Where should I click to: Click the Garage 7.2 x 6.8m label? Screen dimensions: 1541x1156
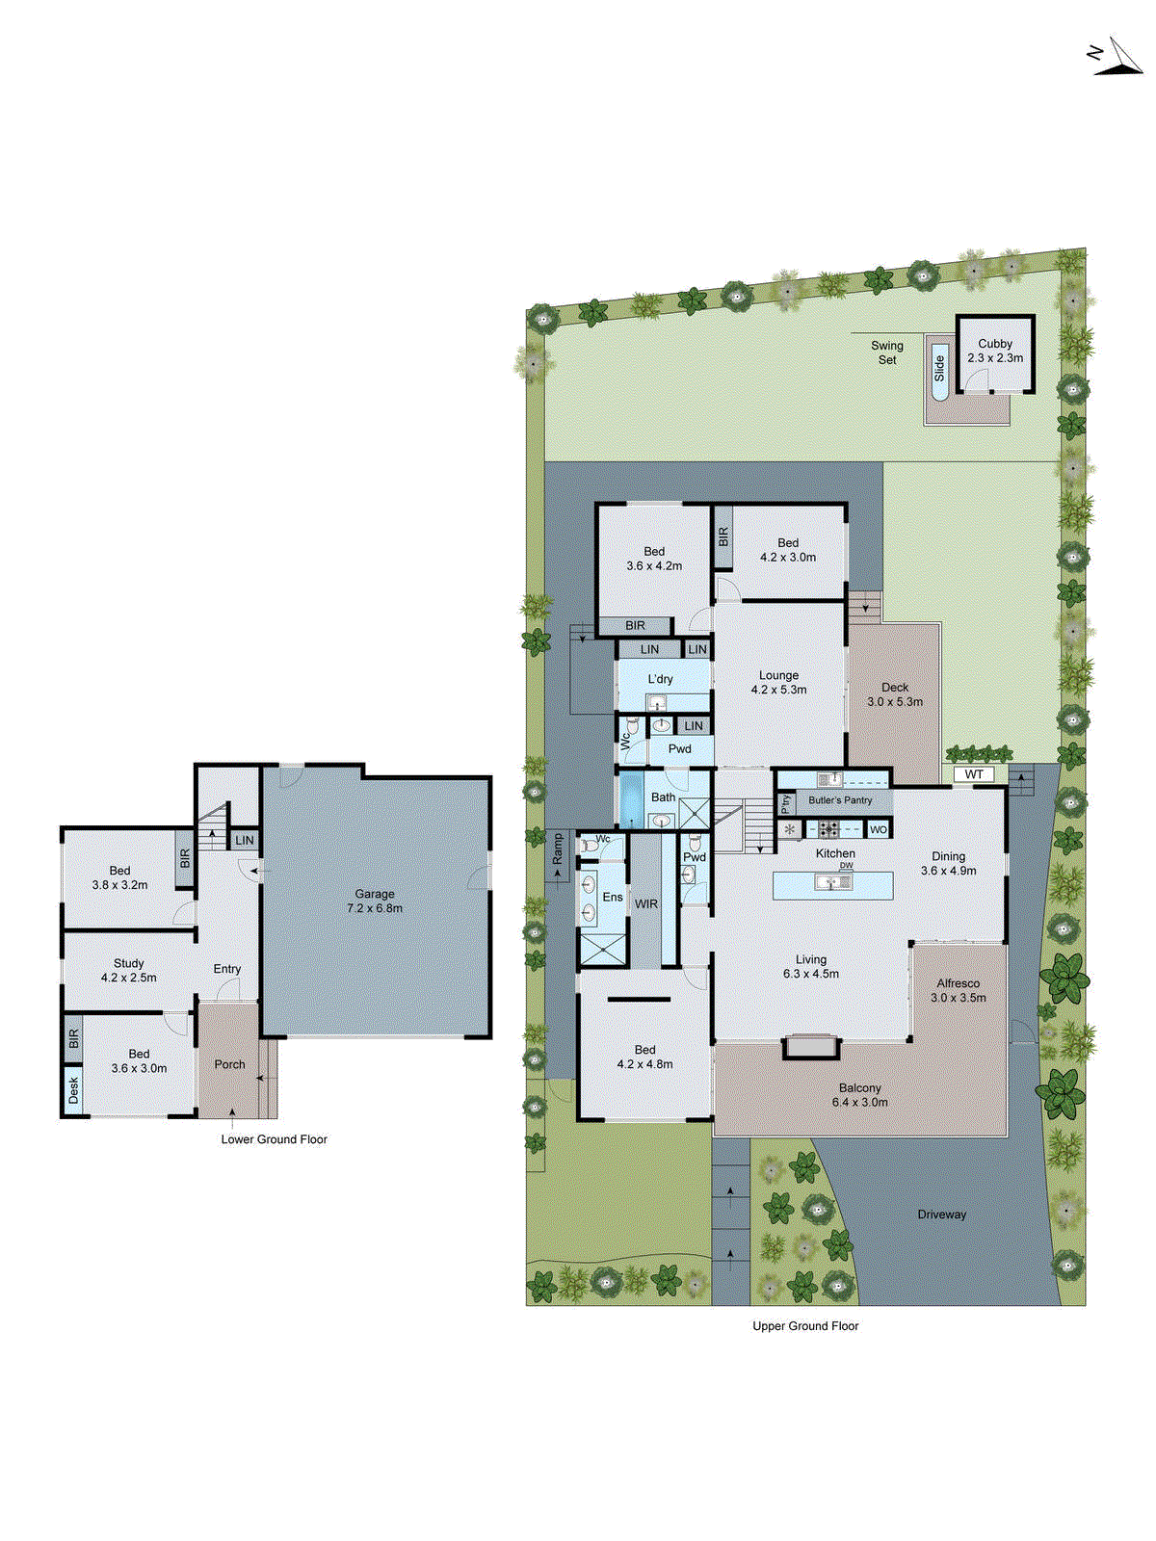click(x=374, y=901)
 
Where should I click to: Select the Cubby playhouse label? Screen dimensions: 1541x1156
click(x=995, y=351)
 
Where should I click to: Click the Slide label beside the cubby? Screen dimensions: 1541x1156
click(x=939, y=368)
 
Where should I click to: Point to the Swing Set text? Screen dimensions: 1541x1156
click(x=887, y=353)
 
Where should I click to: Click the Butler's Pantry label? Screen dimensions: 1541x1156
click(x=840, y=800)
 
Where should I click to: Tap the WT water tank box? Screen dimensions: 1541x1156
click(x=974, y=774)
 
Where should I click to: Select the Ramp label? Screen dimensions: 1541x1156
click(x=557, y=849)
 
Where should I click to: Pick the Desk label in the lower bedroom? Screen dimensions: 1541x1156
click(x=74, y=1089)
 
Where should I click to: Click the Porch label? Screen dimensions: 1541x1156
click(x=229, y=1064)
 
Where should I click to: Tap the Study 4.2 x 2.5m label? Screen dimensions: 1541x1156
click(x=128, y=970)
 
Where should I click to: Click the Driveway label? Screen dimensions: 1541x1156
click(x=941, y=1215)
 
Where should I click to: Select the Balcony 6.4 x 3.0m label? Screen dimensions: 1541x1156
click(x=859, y=1095)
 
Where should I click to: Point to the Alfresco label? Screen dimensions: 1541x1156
click(x=958, y=990)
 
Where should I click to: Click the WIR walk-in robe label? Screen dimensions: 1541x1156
click(x=646, y=904)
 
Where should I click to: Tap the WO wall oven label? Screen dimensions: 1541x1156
click(x=878, y=829)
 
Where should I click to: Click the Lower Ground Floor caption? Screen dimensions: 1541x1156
click(x=274, y=1139)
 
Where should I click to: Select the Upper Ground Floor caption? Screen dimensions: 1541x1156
click(x=805, y=1326)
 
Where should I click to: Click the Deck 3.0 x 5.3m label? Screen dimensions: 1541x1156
click(x=894, y=694)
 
